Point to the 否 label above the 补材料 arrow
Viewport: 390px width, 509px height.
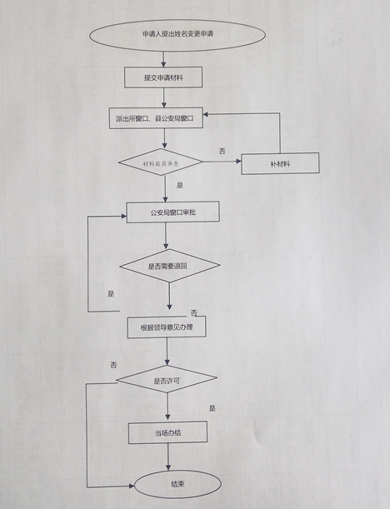point(222,152)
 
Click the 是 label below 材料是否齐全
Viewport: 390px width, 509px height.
point(180,185)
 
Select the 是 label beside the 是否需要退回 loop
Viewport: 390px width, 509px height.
point(111,294)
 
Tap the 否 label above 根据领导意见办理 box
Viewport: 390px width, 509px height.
point(193,313)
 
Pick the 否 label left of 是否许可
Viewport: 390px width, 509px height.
point(113,365)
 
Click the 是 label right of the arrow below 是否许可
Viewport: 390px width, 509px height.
point(212,408)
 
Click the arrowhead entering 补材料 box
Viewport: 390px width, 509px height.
point(239,162)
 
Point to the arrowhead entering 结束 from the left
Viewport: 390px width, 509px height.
point(132,486)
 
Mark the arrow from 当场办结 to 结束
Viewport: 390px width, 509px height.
point(168,457)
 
